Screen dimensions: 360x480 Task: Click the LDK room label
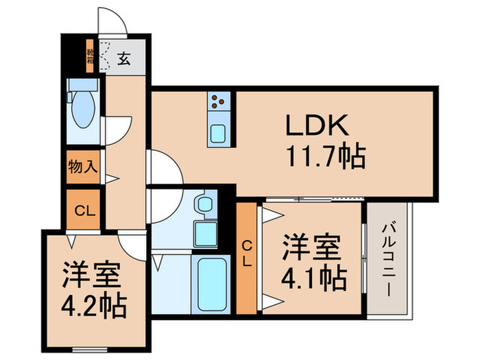pos(318,127)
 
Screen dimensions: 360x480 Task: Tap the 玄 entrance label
pos(124,59)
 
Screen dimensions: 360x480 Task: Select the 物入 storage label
pos(82,166)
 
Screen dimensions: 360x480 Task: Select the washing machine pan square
pos(205,233)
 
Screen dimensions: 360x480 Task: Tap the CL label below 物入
pos(82,210)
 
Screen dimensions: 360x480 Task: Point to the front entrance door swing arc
pos(111,21)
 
